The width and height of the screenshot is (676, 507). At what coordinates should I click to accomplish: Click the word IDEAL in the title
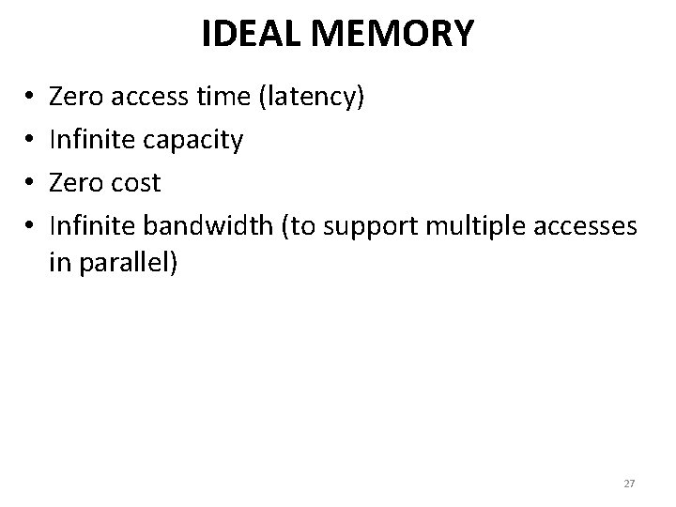point(246,35)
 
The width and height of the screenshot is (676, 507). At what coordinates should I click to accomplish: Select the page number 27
point(629,483)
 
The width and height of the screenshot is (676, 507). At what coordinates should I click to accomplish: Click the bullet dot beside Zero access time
point(31,97)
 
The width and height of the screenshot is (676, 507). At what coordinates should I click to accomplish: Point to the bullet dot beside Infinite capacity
point(31,141)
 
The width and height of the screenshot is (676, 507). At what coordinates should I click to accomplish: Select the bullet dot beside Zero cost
point(31,184)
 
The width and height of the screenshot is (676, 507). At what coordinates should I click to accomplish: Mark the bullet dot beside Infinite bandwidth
point(31,227)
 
